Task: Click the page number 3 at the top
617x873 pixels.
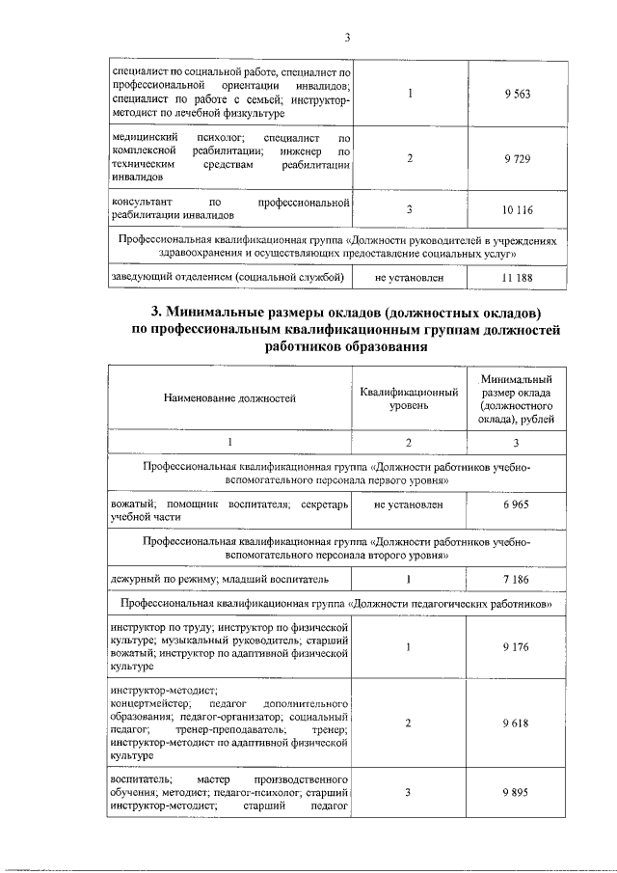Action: point(347,38)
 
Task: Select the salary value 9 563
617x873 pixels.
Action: point(517,94)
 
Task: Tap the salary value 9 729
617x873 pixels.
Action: point(517,158)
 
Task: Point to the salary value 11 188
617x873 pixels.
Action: point(517,278)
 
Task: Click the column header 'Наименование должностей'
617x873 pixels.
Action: point(230,396)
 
